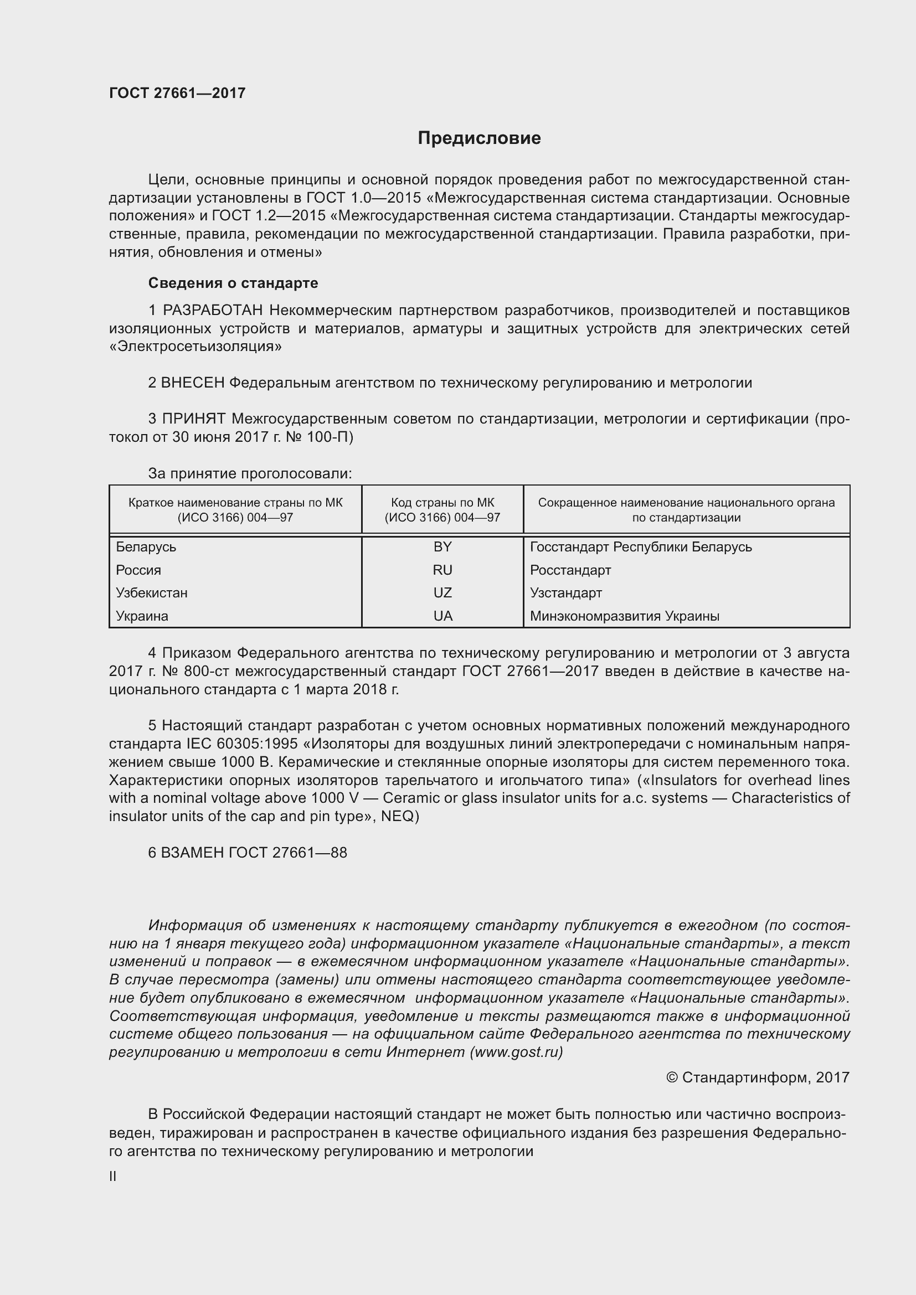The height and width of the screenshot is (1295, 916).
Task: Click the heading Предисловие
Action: coord(479,138)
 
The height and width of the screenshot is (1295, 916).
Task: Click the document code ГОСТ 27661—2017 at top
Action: coord(177,93)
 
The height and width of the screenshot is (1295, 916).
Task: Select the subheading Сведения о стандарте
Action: coord(233,283)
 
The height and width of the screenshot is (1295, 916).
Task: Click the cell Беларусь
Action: coord(146,546)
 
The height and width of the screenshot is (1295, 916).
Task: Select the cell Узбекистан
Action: coord(152,593)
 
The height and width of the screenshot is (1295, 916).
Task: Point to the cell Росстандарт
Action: coord(570,570)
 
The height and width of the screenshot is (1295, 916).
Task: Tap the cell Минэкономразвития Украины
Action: coord(624,616)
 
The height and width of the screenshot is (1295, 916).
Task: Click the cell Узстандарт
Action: coord(566,593)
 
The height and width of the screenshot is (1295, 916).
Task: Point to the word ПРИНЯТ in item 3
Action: coord(193,419)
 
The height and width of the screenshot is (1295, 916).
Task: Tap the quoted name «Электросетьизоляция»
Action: coord(195,346)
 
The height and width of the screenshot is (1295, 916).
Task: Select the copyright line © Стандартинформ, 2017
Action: coord(758,1078)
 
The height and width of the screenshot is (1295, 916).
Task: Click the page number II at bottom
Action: coord(113,1177)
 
